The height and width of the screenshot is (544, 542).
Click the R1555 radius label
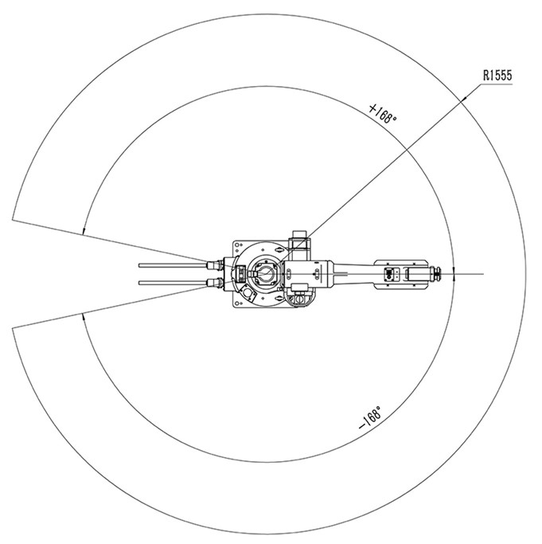pos(497,76)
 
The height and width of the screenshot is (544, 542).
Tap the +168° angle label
pos(383,113)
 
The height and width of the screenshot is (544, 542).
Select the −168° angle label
pos(370,417)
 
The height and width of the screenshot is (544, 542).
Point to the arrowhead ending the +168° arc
pos(84,232)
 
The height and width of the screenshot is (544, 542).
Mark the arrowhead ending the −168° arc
pos(83,316)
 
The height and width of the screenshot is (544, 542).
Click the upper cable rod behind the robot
pos(173,265)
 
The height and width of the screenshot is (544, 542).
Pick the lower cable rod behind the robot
pos(173,283)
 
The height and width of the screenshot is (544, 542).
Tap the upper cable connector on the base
pos(216,265)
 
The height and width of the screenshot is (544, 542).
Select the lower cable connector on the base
pos(216,283)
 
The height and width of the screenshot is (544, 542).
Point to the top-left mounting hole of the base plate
pos(237,245)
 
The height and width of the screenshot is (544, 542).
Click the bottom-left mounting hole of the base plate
pos(237,303)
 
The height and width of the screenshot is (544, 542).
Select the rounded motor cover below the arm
pos(299,295)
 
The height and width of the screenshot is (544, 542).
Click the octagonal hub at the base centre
pos(265,272)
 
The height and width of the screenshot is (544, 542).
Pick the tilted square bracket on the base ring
pos(248,293)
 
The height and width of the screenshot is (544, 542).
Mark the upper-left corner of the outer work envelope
pos(13,220)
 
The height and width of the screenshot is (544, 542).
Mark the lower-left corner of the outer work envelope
pos(13,328)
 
